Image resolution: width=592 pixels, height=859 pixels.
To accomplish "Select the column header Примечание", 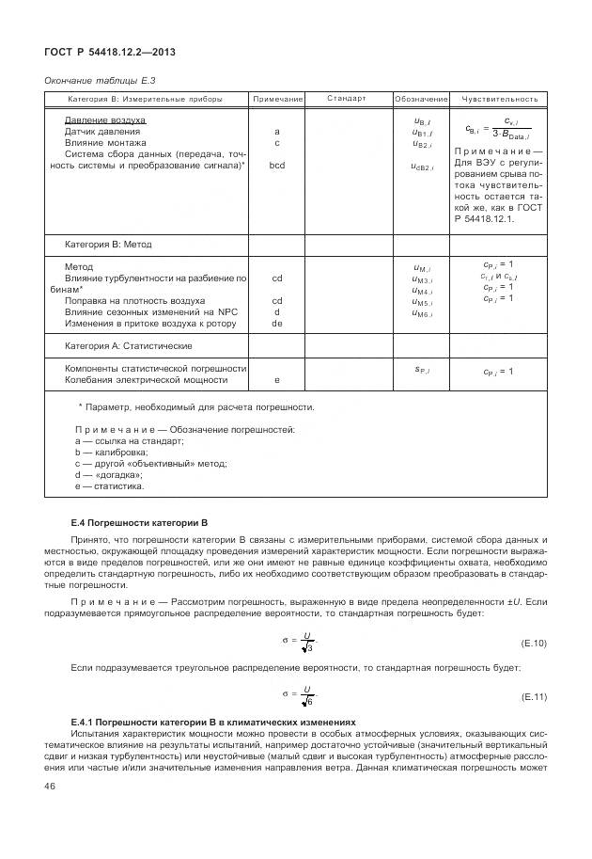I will click(277, 99).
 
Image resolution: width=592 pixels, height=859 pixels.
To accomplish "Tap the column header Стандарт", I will click(347, 98).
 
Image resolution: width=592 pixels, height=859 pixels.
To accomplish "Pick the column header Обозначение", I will click(421, 99).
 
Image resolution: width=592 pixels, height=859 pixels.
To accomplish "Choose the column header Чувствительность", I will click(499, 99).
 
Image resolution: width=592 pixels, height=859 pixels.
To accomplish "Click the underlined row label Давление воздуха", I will click(104, 120).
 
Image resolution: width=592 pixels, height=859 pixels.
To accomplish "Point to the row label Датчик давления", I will click(102, 132).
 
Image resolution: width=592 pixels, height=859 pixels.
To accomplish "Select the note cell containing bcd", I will click(277, 166).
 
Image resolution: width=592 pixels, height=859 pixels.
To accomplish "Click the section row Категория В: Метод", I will click(108, 245).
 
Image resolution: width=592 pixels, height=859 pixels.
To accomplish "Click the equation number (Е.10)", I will click(533, 643).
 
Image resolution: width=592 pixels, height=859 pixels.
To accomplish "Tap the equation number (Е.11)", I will click(533, 697).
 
